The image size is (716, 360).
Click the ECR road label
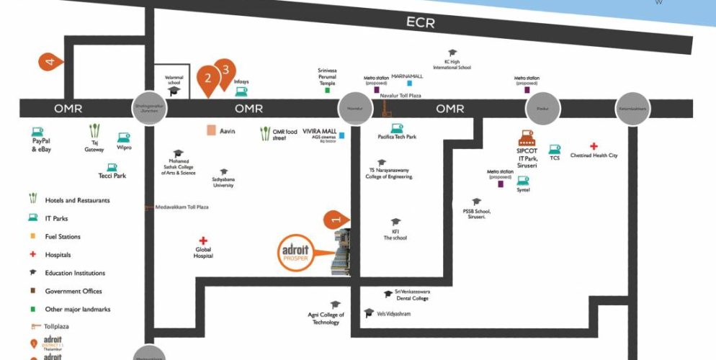coord(421,22)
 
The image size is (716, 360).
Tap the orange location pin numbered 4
coord(50,62)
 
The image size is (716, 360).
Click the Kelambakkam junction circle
coord(632,109)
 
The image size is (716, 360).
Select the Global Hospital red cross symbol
coord(203,241)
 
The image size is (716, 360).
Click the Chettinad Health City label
coord(594,156)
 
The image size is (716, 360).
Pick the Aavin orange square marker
coord(211,130)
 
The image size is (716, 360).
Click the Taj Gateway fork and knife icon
coord(94,130)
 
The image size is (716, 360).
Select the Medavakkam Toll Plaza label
coord(182,207)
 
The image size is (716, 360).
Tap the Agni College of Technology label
coord(326,318)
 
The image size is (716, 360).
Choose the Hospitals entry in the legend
coord(58,255)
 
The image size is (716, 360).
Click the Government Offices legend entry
coord(73,291)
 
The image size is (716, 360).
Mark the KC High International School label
coord(452,64)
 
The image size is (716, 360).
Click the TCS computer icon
coord(554,148)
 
